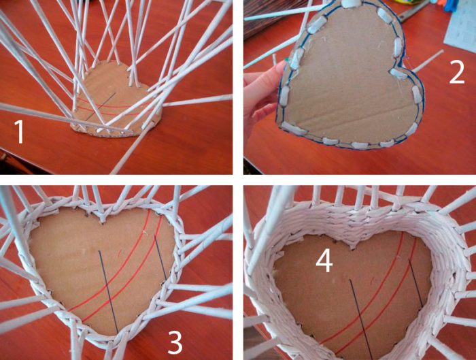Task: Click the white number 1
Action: click(20, 132)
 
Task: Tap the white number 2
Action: click(457, 71)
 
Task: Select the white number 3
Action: click(175, 343)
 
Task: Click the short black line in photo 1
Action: click(101, 105)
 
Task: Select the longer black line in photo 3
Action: click(108, 292)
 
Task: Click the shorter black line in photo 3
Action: click(160, 257)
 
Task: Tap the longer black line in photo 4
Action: click(358, 320)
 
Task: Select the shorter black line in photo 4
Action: click(416, 282)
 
